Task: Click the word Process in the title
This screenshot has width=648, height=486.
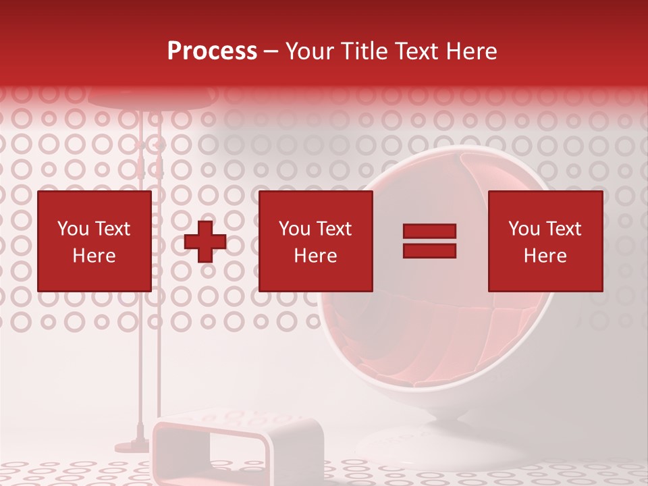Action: point(212,51)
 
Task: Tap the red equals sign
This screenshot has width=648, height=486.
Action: point(429,241)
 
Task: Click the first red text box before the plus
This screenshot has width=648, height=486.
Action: point(94,241)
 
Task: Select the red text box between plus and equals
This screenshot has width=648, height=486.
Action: point(315,241)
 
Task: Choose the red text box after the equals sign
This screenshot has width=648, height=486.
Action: point(545,241)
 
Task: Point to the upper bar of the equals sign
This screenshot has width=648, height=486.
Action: point(429,232)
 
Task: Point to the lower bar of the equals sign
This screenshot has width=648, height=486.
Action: point(429,250)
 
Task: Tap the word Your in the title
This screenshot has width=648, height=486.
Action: point(308,51)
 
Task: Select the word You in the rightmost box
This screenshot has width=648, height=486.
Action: point(524,229)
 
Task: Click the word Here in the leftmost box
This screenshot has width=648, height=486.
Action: point(94,256)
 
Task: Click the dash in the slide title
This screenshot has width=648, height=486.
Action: point(271,51)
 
